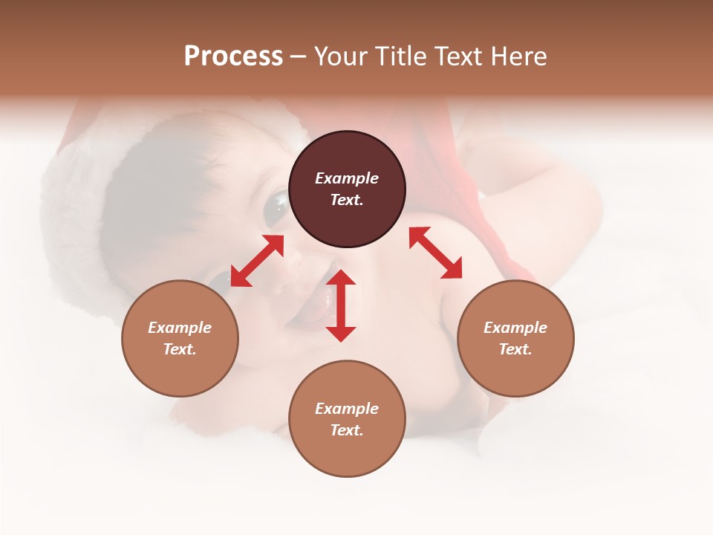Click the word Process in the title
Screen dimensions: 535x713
pyautogui.click(x=233, y=56)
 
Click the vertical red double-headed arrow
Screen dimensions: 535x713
pyautogui.click(x=341, y=305)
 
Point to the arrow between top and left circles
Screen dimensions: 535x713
pyautogui.click(x=257, y=260)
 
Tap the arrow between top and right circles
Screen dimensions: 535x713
pyautogui.click(x=435, y=253)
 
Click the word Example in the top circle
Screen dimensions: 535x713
pyautogui.click(x=347, y=178)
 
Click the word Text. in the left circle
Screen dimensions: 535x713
pyautogui.click(x=180, y=349)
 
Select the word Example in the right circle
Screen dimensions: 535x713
pyautogui.click(x=515, y=328)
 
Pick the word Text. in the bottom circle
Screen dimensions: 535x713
pyautogui.click(x=347, y=430)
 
